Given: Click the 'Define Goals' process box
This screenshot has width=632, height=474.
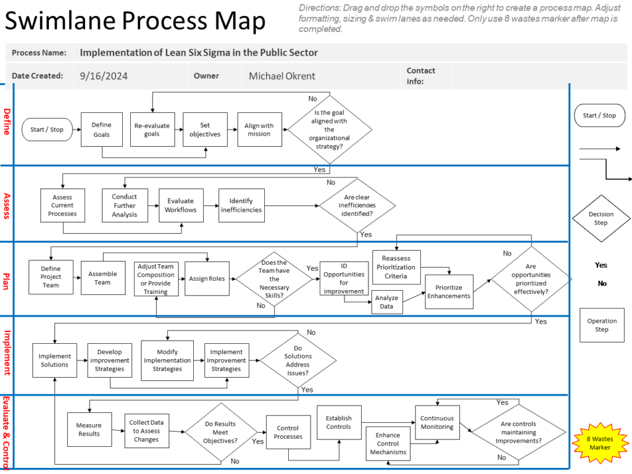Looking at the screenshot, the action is [x=102, y=130].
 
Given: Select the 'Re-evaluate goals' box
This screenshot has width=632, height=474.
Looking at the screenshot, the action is [x=152, y=130].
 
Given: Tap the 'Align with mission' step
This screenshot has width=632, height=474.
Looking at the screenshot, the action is [x=259, y=130].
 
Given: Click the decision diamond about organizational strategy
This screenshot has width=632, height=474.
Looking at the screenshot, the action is [x=330, y=130].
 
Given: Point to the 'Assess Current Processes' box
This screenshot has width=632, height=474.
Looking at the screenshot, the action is [x=62, y=206].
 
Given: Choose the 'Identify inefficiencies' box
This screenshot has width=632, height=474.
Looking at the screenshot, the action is [x=241, y=206].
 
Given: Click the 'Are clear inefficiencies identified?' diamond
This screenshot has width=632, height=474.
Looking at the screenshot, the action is [x=357, y=206].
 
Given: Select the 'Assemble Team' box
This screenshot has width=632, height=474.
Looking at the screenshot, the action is [x=103, y=278].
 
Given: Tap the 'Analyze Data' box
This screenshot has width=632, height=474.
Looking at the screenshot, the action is [x=386, y=302].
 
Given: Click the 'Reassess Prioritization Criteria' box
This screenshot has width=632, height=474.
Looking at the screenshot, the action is [x=396, y=267].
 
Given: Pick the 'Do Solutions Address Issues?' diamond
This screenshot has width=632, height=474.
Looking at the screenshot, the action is [x=298, y=360].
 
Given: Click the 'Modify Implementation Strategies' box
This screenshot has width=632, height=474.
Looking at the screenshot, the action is [x=167, y=360].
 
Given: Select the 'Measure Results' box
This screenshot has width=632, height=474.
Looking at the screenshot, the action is [x=89, y=430].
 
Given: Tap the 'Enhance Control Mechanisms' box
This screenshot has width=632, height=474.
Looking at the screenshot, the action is [x=388, y=443].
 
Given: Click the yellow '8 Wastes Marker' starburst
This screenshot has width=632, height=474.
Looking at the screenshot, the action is [x=600, y=443].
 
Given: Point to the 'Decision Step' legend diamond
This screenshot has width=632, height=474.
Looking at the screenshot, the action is [x=601, y=218].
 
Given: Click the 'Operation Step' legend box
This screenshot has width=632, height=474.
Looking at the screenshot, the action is [x=602, y=325].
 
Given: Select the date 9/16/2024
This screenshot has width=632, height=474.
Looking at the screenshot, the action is [x=104, y=76].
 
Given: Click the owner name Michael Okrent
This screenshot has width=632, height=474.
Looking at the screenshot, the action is [x=281, y=76].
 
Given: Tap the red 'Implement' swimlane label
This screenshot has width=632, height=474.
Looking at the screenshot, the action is [x=7, y=353].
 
